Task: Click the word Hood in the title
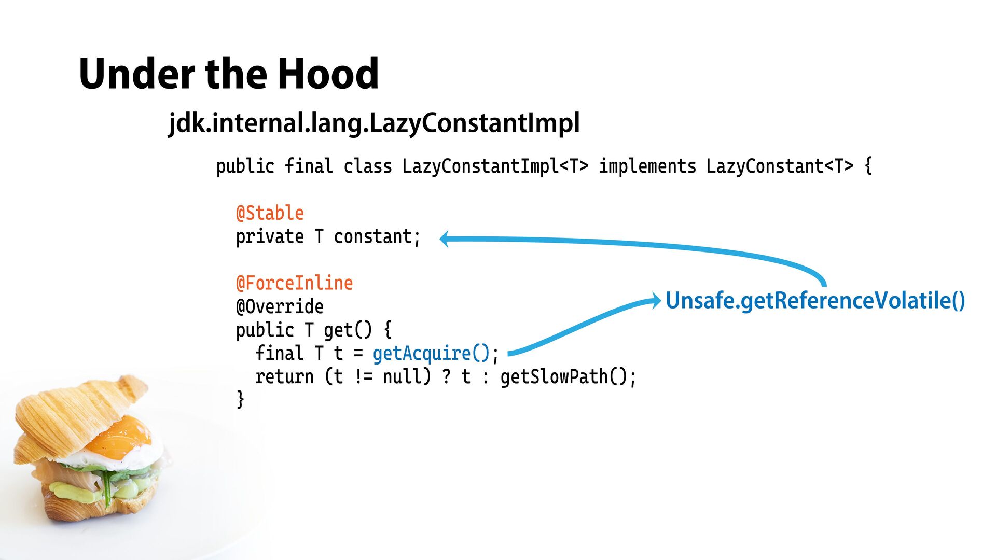coord(328,74)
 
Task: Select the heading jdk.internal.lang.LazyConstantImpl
coord(374,123)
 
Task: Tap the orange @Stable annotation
coord(270,213)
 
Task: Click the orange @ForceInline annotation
coord(294,283)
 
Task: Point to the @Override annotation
coord(280,306)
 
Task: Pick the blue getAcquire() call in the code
coord(431,353)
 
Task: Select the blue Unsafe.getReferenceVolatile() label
coord(815,300)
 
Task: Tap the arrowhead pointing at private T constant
coord(445,239)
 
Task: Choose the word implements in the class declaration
coord(647,166)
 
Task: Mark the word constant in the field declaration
coord(372,236)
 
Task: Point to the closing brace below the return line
coord(240,400)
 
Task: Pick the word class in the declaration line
coord(367,166)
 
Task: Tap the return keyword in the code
coord(284,376)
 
